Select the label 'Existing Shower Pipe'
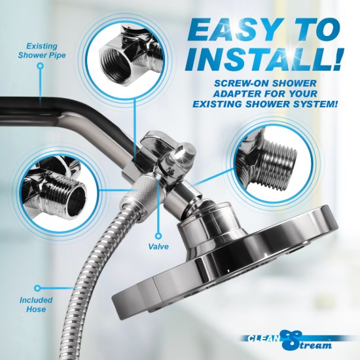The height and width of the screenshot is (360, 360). tap(43, 50)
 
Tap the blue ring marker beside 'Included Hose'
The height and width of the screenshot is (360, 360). tap(38, 287)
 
